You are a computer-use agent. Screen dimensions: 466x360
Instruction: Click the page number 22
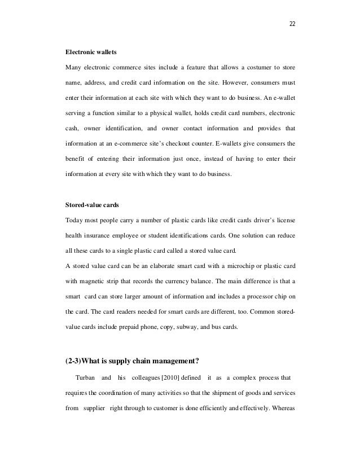[x=292, y=24]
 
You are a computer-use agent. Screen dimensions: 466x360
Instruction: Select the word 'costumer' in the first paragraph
[x=235, y=68]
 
